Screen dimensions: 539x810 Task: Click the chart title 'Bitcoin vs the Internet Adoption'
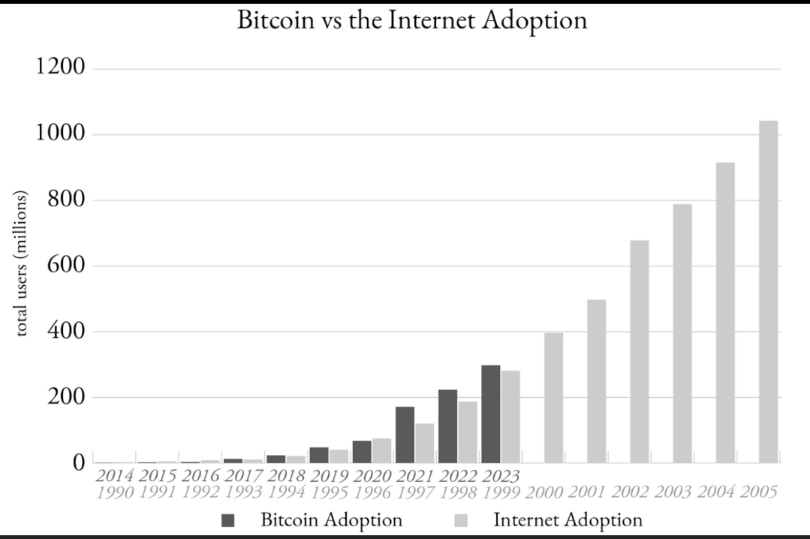[x=411, y=20]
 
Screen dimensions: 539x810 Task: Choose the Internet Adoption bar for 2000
[x=554, y=397]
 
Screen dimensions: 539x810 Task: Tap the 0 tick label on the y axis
[x=77, y=462]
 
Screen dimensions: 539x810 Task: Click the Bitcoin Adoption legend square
[x=230, y=520]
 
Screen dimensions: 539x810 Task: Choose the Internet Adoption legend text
[x=568, y=519]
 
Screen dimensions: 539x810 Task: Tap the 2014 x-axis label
[x=114, y=476]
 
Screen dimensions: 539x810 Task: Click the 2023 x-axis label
[x=501, y=476]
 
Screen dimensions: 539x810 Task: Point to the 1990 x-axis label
[x=114, y=492]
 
